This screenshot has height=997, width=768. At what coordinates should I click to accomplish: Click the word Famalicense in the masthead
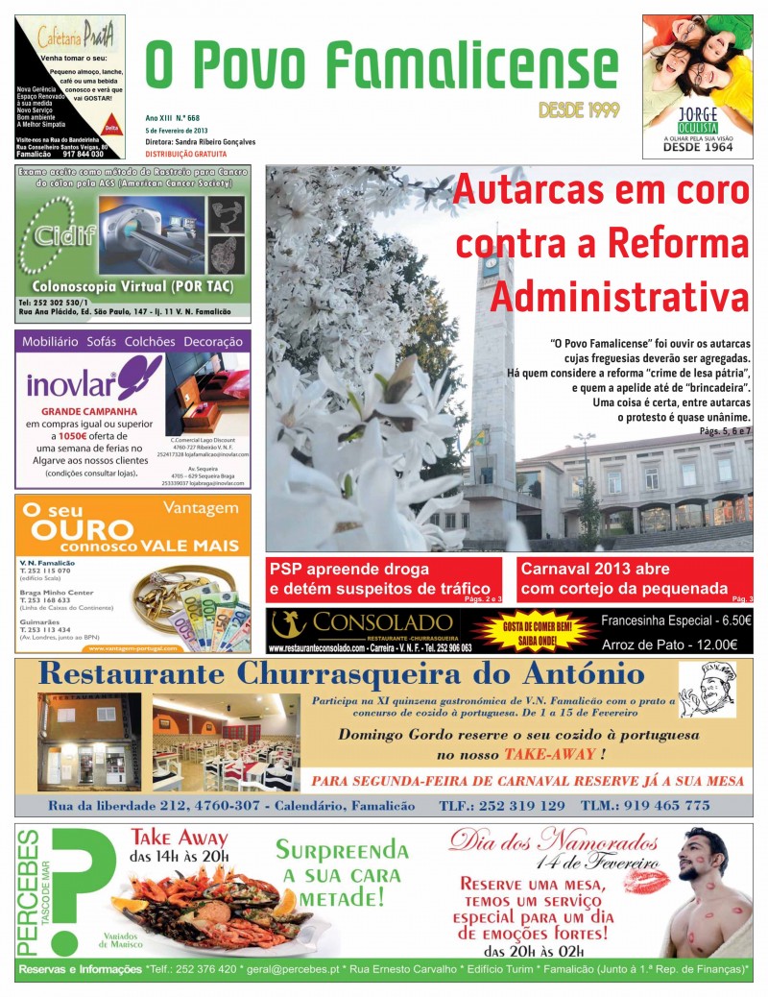468,65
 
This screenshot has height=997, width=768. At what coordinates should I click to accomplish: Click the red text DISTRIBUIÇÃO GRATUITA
186,154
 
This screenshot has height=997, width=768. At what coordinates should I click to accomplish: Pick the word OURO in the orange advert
82,529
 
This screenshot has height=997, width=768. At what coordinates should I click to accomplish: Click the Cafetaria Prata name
68,37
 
